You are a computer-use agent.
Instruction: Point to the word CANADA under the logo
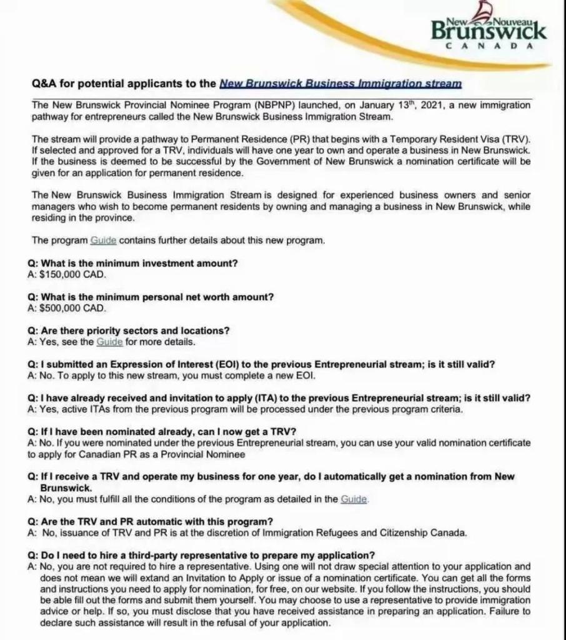coord(490,46)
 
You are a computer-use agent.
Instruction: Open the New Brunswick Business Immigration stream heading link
coord(340,83)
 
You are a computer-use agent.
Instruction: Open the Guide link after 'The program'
coord(103,240)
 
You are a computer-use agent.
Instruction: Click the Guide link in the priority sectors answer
coord(110,342)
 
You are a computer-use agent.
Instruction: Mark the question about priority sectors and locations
coord(129,331)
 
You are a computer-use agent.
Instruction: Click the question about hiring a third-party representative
coord(201,555)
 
